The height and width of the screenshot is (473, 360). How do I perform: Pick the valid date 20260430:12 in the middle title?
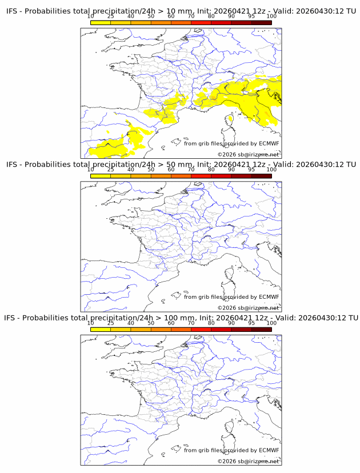[320, 165]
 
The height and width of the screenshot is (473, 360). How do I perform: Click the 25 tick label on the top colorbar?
[111, 17]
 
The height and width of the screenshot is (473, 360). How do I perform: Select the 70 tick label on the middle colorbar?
[191, 170]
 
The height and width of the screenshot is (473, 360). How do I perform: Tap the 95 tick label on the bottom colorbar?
[251, 323]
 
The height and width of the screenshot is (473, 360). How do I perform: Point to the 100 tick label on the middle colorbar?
[271, 170]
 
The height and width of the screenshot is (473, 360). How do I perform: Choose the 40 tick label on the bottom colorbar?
[131, 323]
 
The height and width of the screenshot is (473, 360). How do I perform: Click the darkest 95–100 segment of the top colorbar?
[261, 22]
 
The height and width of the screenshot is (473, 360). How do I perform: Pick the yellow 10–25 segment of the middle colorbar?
[101, 175]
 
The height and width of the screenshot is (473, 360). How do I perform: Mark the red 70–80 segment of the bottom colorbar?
[201, 328]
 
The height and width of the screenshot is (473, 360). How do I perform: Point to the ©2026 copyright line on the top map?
[249, 154]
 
